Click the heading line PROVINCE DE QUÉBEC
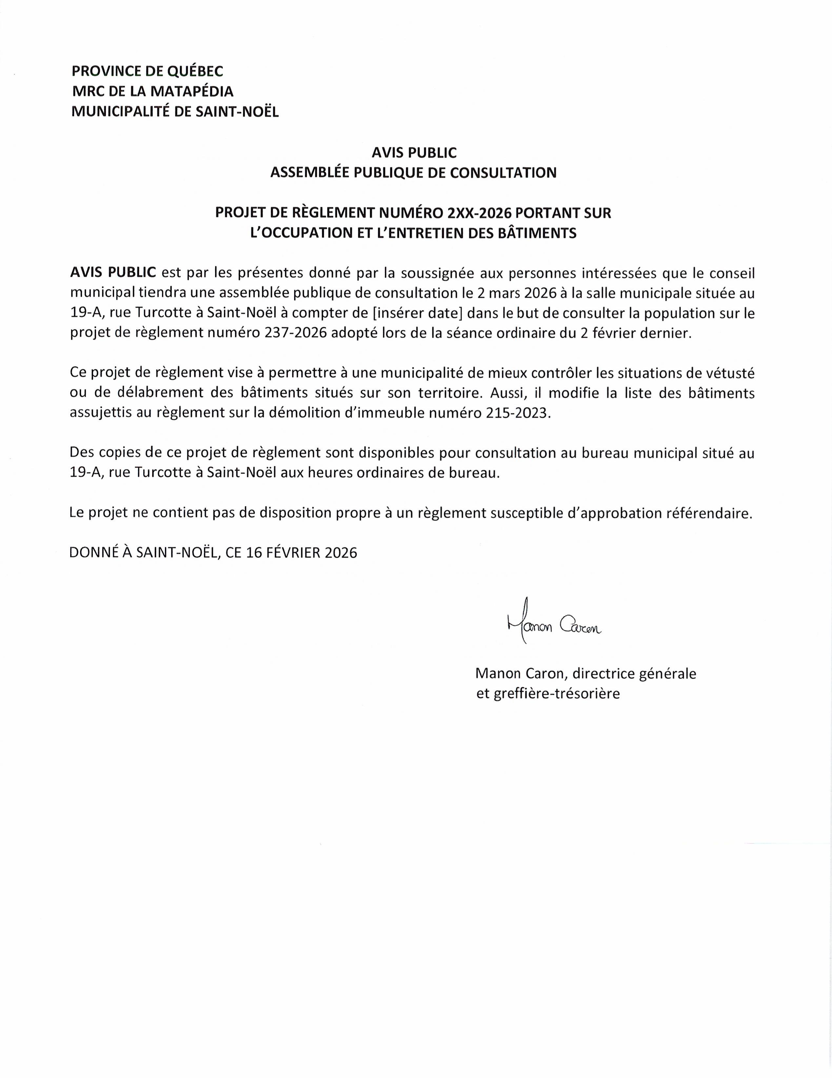(x=147, y=71)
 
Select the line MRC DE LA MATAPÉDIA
(x=152, y=91)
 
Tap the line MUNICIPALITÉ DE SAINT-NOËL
(x=175, y=111)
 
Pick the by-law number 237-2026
(x=296, y=333)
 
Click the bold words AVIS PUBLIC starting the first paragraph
(x=113, y=273)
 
